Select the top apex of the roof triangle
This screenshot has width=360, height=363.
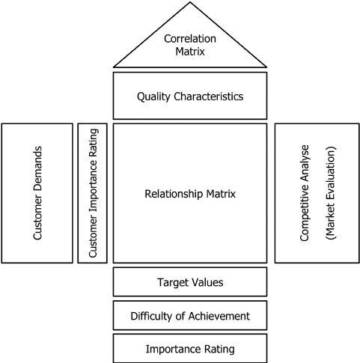pos(190,2)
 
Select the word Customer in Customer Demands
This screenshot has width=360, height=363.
pos(37,219)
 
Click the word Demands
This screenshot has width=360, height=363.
pos(37,170)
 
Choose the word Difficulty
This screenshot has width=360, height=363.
pos(153,316)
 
